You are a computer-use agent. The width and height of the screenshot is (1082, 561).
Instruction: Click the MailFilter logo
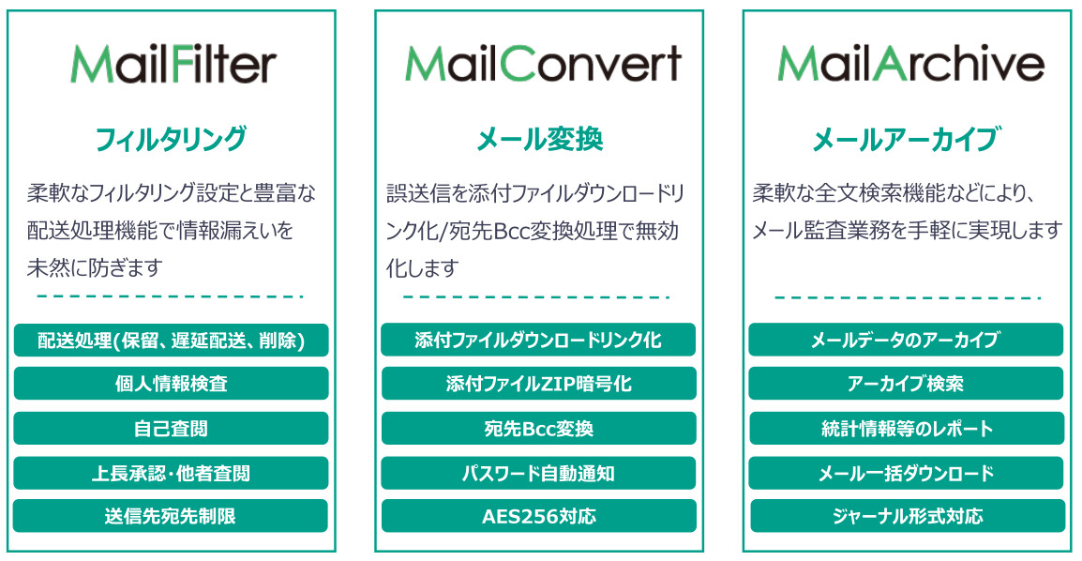173,64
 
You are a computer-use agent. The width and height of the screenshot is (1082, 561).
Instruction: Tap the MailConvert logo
543,64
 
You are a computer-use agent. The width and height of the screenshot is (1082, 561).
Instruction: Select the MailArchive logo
910,64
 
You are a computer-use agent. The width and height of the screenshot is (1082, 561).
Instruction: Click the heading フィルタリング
171,138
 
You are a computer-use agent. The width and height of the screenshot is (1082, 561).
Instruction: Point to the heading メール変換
540,139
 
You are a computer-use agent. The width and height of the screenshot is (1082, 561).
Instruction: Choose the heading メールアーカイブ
907,139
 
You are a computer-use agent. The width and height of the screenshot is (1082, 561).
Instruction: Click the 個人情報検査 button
172,384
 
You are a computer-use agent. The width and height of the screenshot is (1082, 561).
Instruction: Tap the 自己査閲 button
172,429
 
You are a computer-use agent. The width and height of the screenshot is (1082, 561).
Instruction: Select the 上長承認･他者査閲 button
172,474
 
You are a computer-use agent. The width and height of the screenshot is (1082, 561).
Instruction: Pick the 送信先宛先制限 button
171,516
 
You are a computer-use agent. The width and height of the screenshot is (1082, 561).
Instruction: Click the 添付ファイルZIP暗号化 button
539,384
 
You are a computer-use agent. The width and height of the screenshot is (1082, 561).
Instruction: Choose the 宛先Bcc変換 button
539,429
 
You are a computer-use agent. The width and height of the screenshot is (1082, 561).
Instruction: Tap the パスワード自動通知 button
539,474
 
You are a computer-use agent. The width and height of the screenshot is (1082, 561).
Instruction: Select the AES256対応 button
539,516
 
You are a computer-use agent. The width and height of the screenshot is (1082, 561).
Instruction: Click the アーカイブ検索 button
906,384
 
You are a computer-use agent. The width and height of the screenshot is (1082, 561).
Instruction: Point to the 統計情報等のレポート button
907,429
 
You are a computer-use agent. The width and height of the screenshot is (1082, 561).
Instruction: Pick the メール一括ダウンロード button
906,474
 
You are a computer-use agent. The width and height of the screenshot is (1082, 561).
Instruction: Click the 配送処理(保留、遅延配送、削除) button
172,341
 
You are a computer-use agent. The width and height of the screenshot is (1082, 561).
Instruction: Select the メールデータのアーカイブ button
906,340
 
